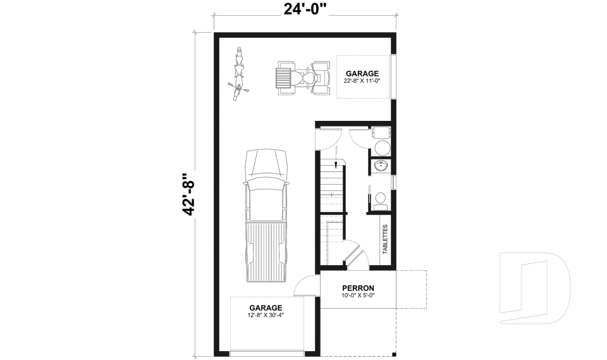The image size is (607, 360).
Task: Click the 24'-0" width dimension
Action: pos(305,8)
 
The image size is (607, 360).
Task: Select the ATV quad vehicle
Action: pos(303,78)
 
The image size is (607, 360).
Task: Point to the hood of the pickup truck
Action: pos(266,164)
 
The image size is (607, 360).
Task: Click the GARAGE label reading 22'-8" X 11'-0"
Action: pos(362,77)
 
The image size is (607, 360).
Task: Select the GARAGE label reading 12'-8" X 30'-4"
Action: pos(266,311)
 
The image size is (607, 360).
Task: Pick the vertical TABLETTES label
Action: pos(385,239)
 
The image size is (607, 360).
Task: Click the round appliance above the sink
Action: pos(382,147)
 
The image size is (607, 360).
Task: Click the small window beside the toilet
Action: pos(394,181)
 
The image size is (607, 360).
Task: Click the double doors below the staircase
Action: pos(356,253)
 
